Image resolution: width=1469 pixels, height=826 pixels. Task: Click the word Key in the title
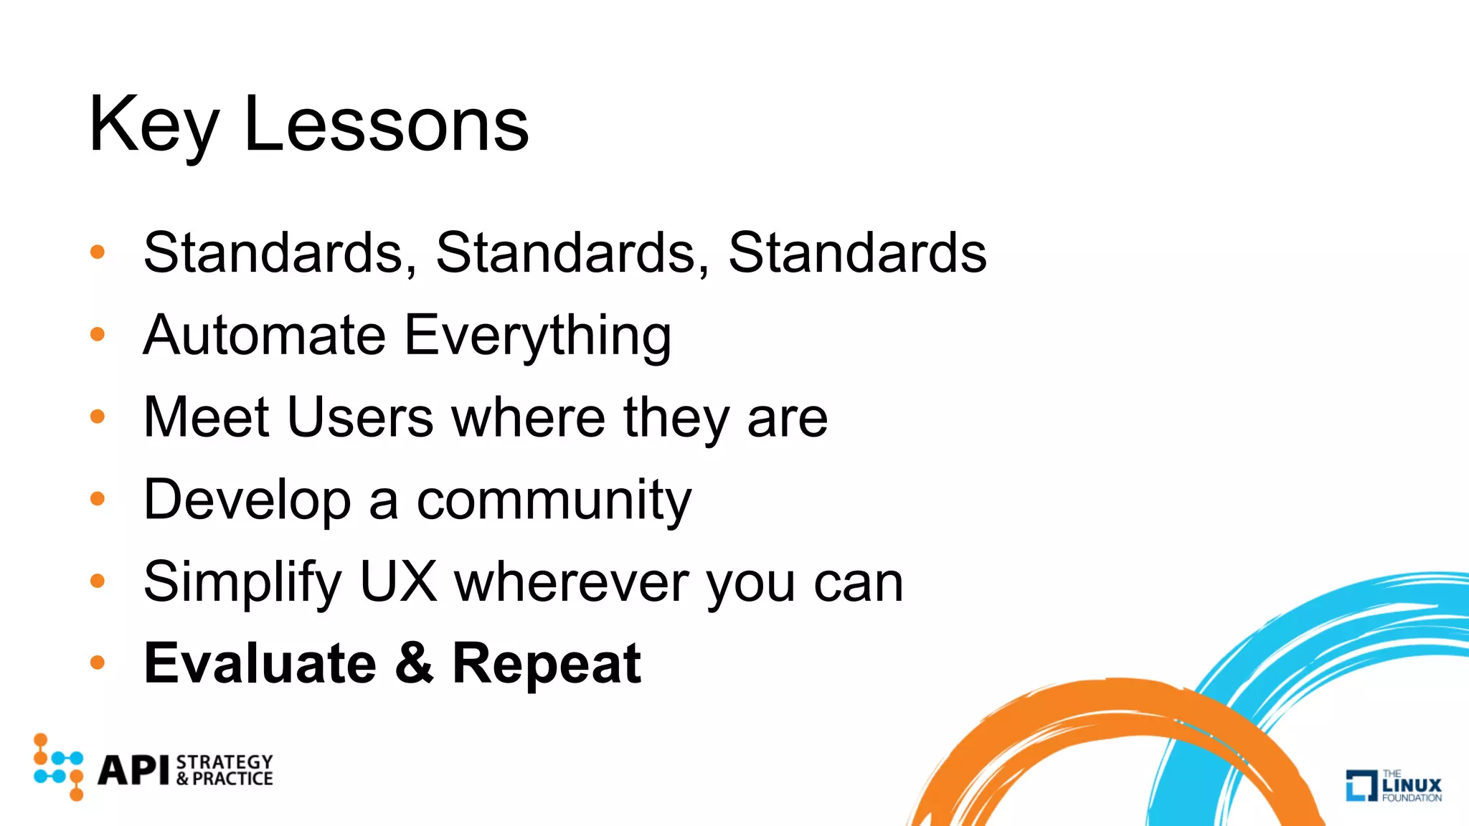tap(153, 126)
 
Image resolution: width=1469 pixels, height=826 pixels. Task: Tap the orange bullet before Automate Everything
tap(98, 334)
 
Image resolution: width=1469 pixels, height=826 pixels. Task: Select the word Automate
tap(264, 335)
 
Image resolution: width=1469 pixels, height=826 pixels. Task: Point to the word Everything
tap(537, 336)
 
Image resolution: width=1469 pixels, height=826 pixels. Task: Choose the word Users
tap(360, 417)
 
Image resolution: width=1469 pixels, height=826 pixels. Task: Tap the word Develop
tap(247, 500)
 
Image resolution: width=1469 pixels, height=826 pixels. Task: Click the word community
tap(554, 500)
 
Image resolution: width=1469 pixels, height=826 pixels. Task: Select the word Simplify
tap(242, 582)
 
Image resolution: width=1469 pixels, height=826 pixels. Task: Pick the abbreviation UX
tap(398, 581)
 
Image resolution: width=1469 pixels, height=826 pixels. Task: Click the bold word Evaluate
tap(260, 663)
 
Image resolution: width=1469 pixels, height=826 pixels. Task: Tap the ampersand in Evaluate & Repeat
tap(414, 663)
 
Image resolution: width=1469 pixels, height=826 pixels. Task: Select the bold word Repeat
tap(546, 665)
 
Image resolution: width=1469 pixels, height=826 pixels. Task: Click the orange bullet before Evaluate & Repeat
tap(98, 663)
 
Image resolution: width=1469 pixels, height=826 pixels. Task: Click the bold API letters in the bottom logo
tap(133, 771)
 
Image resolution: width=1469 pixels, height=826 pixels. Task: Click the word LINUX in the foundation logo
tap(1411, 785)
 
